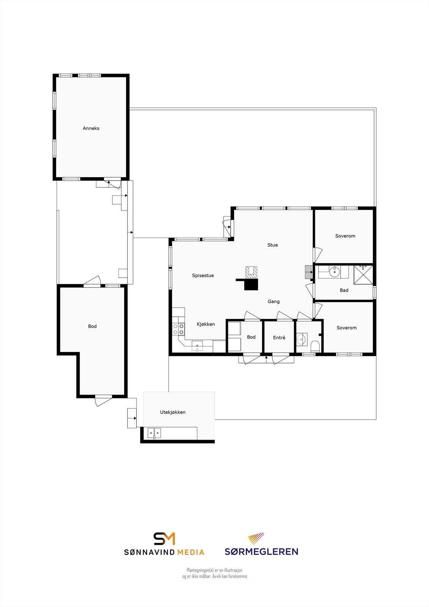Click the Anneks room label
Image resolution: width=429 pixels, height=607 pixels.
[x=91, y=128]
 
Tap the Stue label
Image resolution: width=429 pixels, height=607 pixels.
[x=272, y=245]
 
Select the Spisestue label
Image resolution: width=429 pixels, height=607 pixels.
[x=203, y=276]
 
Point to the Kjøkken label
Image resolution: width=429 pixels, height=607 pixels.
[x=206, y=324]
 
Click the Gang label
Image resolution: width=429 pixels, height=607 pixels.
[x=273, y=302]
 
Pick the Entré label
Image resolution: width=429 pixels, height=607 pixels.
[x=279, y=338]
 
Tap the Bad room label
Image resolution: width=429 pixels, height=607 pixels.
[x=344, y=290]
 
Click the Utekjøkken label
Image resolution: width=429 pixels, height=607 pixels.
[x=173, y=412]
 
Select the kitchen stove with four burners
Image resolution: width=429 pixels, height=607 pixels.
[x=179, y=329]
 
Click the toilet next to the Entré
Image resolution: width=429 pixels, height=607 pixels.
[x=315, y=346]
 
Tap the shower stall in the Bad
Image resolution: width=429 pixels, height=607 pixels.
[x=363, y=275]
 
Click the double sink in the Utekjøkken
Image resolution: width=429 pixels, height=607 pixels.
[x=154, y=432]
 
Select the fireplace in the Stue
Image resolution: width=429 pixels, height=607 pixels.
[x=251, y=272]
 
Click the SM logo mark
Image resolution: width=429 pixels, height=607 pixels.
[x=164, y=539]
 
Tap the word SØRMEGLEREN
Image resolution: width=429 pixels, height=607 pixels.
[x=261, y=552]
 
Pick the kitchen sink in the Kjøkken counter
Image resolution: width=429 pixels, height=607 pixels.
[x=197, y=346]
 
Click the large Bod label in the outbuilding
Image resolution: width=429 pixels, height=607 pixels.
[x=92, y=326]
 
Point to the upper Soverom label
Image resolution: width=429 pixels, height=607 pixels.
[x=345, y=236]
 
